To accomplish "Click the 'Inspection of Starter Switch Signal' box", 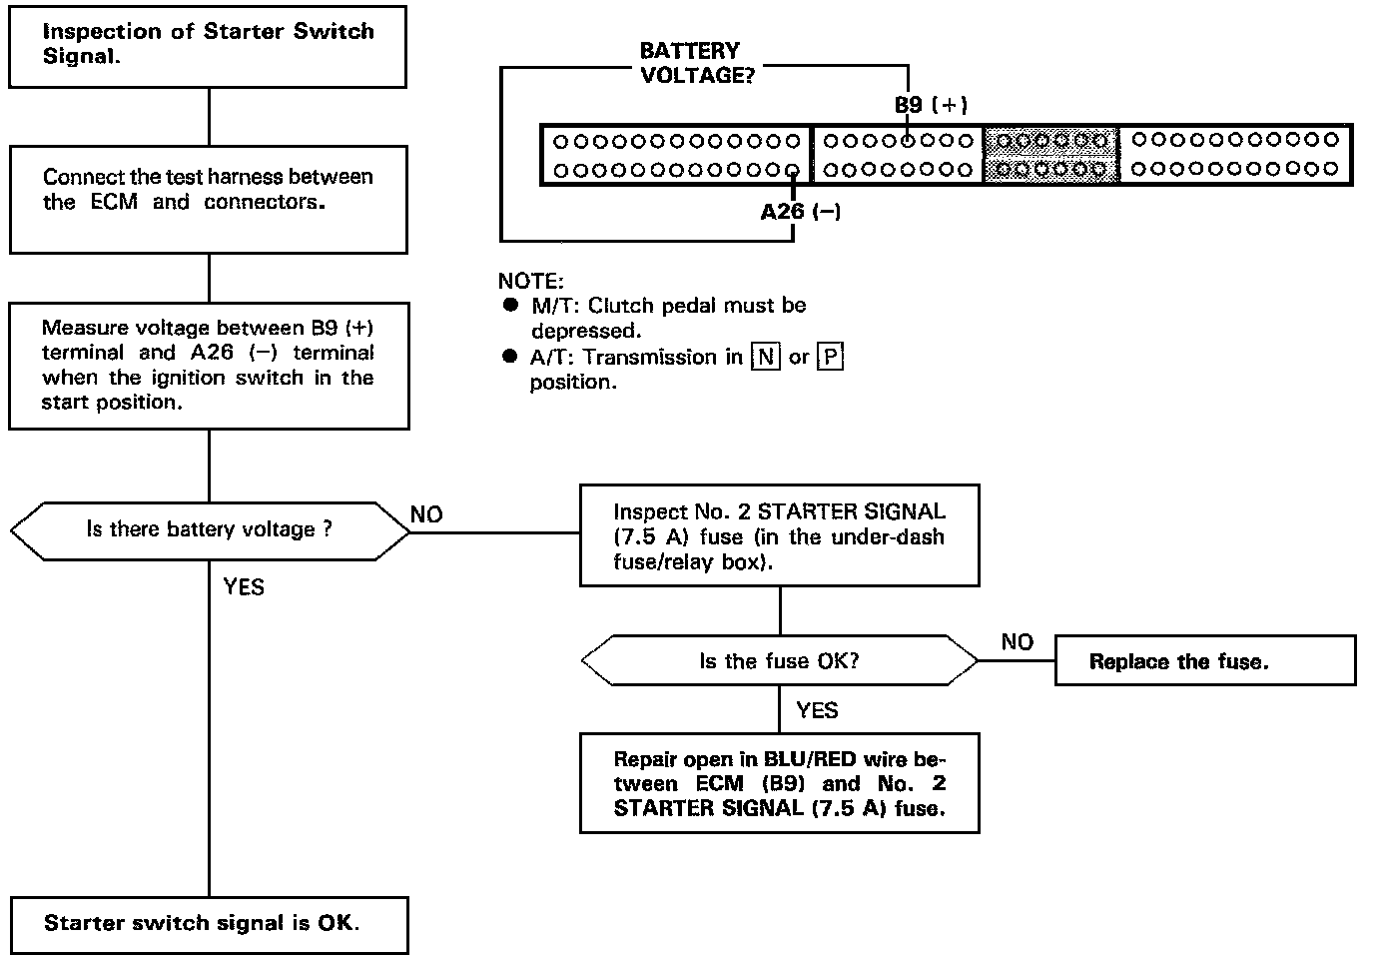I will point(208,46).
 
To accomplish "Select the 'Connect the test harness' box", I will point(208,199).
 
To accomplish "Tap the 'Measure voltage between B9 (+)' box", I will point(208,366).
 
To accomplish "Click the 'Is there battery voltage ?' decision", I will point(209,529).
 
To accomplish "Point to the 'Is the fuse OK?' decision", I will point(779,661).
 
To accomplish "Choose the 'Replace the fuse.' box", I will point(1204,661).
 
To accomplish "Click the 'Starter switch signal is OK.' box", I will point(209,924).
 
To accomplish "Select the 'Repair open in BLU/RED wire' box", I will point(779,784).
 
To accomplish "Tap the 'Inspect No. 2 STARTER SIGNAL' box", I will point(779,536).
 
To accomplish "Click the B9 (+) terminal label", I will point(931,105).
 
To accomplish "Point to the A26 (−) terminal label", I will point(800,212).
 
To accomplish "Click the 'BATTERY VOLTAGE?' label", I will point(690,63).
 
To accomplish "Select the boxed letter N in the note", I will point(765,358).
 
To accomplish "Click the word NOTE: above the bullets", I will point(530,282).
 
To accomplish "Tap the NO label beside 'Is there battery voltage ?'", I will point(426,515).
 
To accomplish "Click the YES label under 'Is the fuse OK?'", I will point(817,711).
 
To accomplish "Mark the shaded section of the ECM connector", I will point(1049,155).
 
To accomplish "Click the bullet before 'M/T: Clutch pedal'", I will point(511,305).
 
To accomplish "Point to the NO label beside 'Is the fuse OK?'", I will point(1017,642).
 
